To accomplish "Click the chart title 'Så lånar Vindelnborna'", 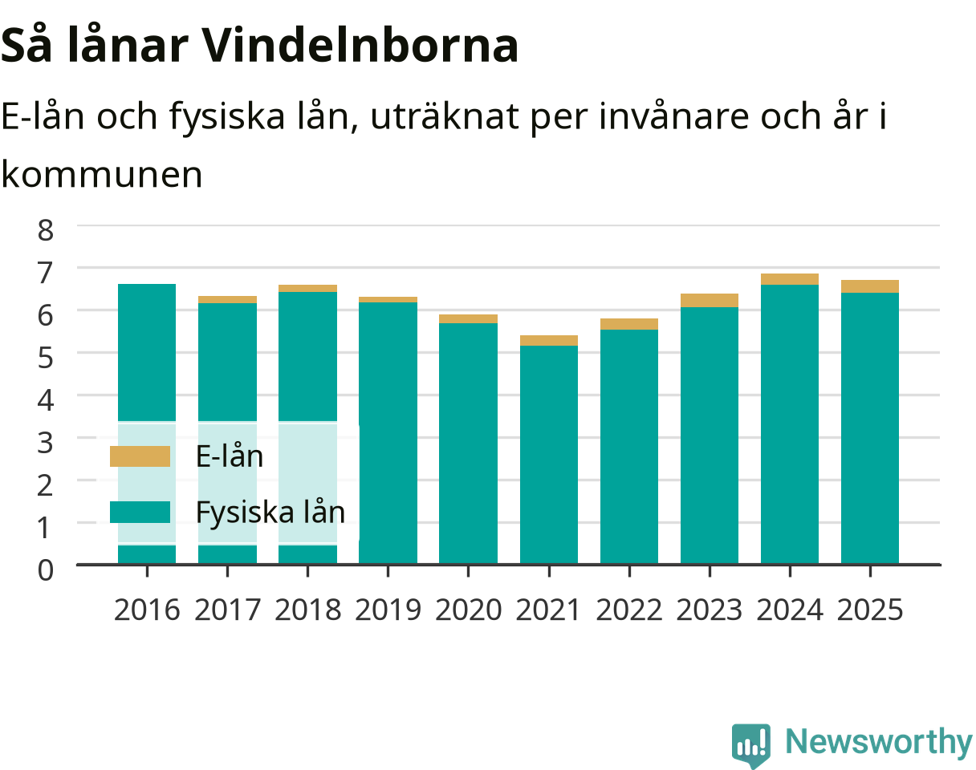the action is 259,46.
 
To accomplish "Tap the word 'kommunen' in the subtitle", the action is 102,175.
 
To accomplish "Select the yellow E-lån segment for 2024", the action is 790,279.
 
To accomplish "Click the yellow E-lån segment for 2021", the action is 549,340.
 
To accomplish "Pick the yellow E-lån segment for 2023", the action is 710,301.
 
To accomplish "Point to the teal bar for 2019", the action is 388,433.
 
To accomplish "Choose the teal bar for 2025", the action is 870,428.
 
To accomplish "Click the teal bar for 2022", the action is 629,447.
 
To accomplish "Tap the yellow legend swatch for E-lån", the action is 140,456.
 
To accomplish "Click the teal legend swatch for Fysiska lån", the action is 140,512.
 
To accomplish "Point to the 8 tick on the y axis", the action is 46,230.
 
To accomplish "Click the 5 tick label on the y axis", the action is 46,358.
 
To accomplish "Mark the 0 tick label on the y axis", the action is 46,570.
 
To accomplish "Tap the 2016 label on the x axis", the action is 147,610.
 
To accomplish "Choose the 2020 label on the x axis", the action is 469,610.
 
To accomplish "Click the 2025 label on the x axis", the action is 870,610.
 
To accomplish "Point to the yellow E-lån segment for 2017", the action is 227,299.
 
